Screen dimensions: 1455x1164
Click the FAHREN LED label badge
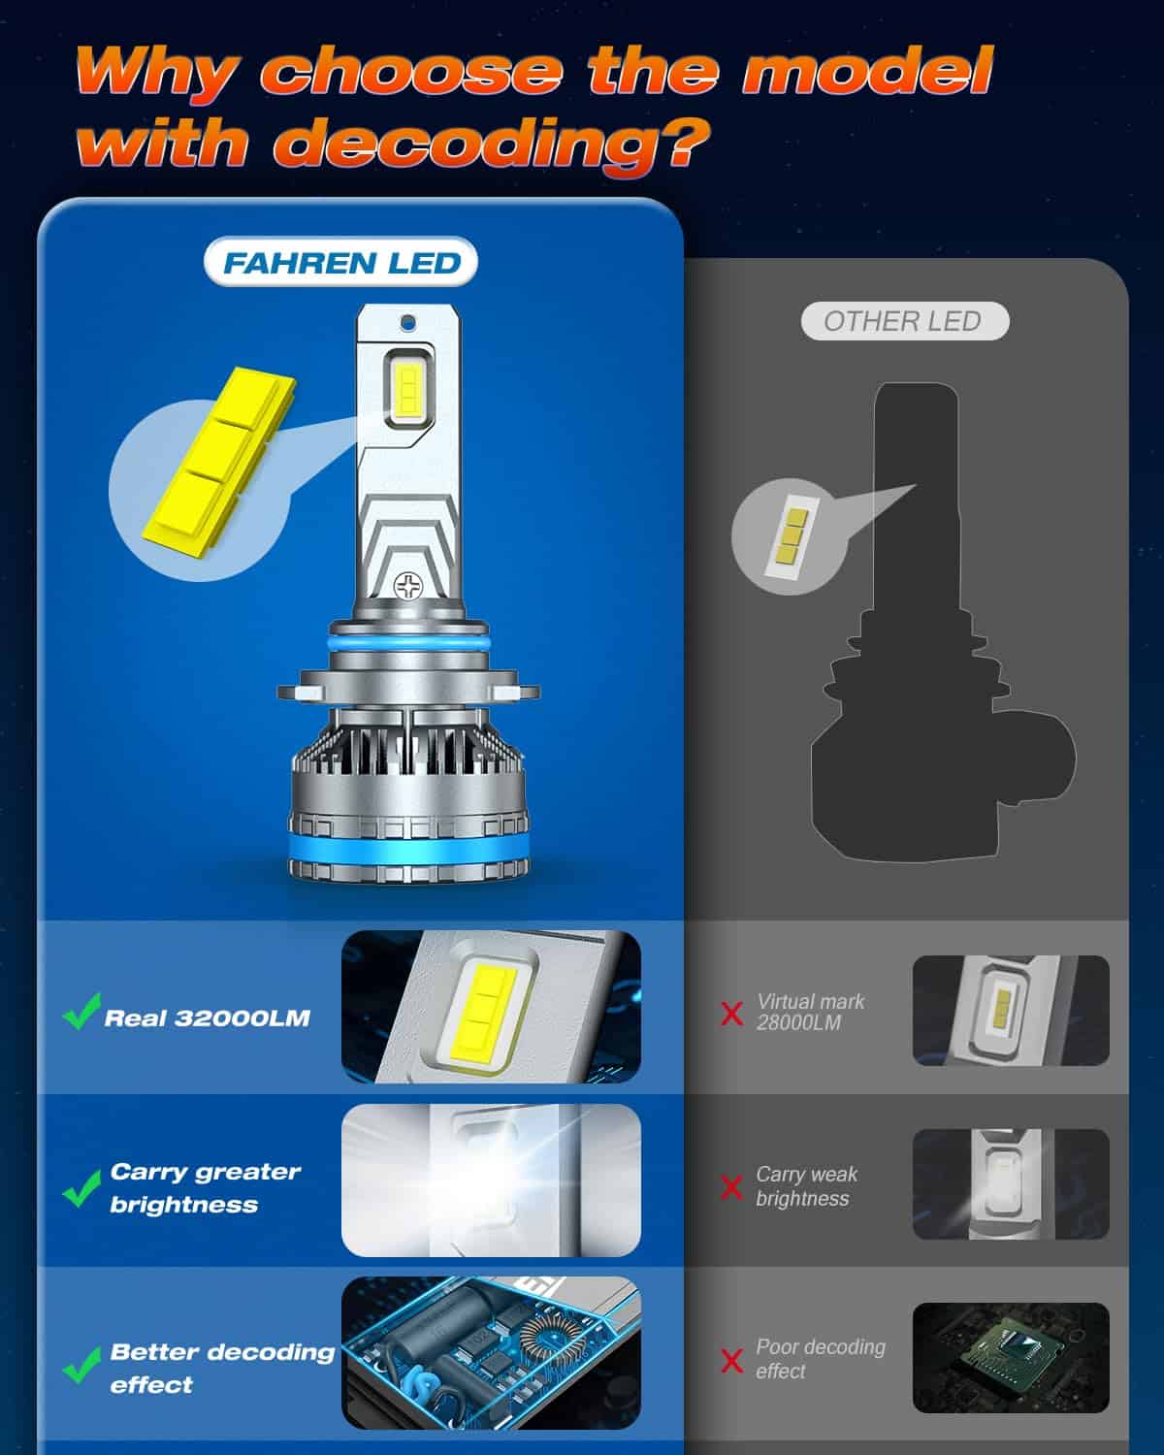[x=341, y=263]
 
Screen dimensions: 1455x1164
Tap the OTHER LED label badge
[x=904, y=321]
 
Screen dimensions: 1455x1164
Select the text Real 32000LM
[x=207, y=1018]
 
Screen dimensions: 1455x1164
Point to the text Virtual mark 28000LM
[x=810, y=1012]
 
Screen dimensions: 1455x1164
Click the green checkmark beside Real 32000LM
[x=81, y=1011]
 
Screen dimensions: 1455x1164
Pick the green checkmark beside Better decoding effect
[x=81, y=1365]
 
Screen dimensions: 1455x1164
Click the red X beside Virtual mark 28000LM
[x=732, y=1015]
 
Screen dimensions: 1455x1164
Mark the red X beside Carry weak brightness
[x=732, y=1186]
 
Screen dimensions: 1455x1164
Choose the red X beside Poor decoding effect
[x=732, y=1360]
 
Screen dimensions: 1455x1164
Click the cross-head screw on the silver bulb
[x=408, y=586]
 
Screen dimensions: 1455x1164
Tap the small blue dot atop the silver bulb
[x=408, y=319]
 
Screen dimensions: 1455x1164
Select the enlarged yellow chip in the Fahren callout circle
[x=217, y=455]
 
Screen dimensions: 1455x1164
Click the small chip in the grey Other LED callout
[x=788, y=535]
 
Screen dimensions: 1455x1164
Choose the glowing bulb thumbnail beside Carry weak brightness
[x=1010, y=1183]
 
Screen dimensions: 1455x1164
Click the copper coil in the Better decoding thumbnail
[x=543, y=1339]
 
